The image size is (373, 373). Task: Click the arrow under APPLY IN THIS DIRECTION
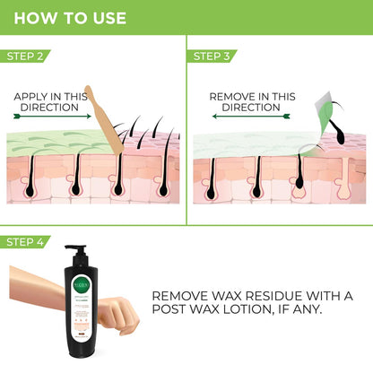51,116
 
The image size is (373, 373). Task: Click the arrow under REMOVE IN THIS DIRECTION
252,116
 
